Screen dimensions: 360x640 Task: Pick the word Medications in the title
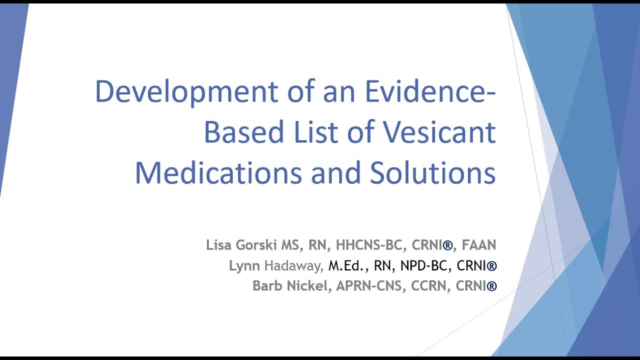pyautogui.click(x=218, y=172)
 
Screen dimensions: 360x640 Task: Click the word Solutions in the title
pyautogui.click(x=432, y=172)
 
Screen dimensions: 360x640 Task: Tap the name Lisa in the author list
pyautogui.click(x=218, y=245)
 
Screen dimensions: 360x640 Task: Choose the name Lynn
pyautogui.click(x=244, y=266)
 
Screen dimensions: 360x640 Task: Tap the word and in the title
pyautogui.click(x=335, y=172)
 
